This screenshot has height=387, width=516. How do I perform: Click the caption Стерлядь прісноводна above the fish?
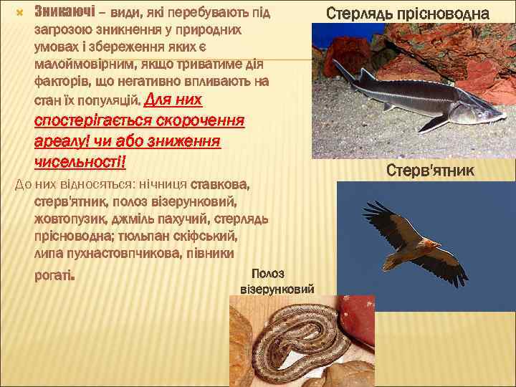click(408, 13)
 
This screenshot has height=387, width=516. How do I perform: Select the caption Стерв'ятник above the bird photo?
click(430, 171)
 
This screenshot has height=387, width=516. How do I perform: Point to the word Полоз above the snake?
click(268, 274)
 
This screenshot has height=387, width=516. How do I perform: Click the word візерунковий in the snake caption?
click(277, 289)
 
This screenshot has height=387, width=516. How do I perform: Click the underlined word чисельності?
click(80, 161)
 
